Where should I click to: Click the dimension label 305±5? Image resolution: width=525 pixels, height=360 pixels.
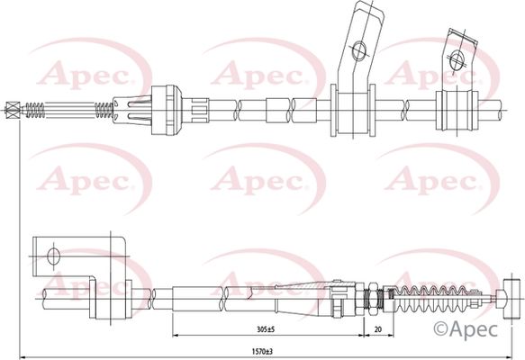point(267,329)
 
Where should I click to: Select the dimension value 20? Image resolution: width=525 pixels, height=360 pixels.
point(378,329)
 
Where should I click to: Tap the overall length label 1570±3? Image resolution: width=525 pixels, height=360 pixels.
point(267,352)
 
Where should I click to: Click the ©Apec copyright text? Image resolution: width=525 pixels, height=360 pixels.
point(466,329)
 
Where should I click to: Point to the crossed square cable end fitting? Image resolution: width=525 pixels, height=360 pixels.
point(13,110)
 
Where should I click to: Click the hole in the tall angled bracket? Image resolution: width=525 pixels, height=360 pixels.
point(359,50)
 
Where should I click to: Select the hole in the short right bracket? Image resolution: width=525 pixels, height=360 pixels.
point(457,60)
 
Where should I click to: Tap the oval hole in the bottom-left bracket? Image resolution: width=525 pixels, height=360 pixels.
point(53,257)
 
